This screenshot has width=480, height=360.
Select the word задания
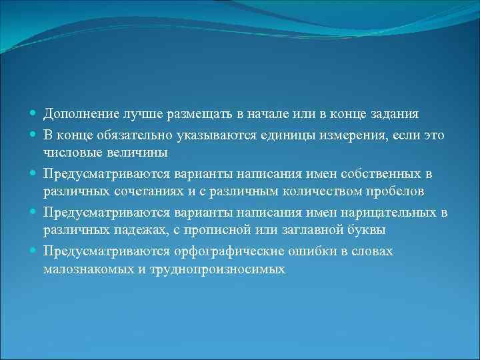(401, 115)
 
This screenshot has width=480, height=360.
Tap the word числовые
(71, 153)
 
